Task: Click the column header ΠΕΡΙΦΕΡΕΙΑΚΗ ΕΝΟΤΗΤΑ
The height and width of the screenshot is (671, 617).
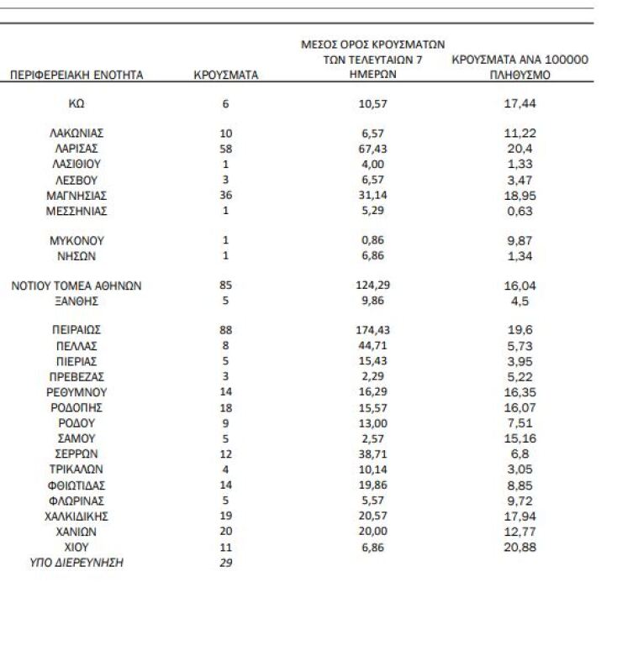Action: [76, 75]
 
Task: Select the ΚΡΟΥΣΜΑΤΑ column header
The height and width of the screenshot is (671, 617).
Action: [225, 75]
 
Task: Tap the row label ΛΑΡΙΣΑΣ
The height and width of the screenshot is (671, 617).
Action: [76, 149]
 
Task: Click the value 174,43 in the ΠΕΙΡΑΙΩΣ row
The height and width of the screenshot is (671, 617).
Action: [372, 330]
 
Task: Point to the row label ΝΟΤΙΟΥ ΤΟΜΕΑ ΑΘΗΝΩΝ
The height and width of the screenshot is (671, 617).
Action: [76, 286]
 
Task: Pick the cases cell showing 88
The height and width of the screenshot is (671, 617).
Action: [225, 330]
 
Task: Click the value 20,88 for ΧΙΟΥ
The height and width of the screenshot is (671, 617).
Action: [519, 547]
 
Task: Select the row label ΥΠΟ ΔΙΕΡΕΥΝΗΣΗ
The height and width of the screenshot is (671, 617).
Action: [76, 563]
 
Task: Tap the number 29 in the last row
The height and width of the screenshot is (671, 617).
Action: [225, 563]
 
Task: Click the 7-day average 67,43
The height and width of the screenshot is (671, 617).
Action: [372, 149]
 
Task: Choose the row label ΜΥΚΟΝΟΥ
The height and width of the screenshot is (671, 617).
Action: [76, 240]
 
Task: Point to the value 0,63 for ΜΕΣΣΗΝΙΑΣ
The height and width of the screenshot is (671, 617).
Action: [519, 211]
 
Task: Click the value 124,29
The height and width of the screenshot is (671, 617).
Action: [372, 286]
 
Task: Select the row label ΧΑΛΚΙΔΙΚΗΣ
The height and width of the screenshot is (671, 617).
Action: [76, 516]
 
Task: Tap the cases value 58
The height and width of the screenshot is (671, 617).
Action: [225, 149]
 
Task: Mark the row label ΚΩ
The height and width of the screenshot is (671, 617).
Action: [76, 104]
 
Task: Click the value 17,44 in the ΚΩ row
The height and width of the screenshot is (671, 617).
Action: [519, 103]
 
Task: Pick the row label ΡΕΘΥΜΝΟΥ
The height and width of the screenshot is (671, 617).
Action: [76, 392]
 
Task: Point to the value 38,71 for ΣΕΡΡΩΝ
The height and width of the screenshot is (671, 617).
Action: [372, 453]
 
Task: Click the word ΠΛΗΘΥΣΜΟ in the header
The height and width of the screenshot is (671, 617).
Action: [519, 75]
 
